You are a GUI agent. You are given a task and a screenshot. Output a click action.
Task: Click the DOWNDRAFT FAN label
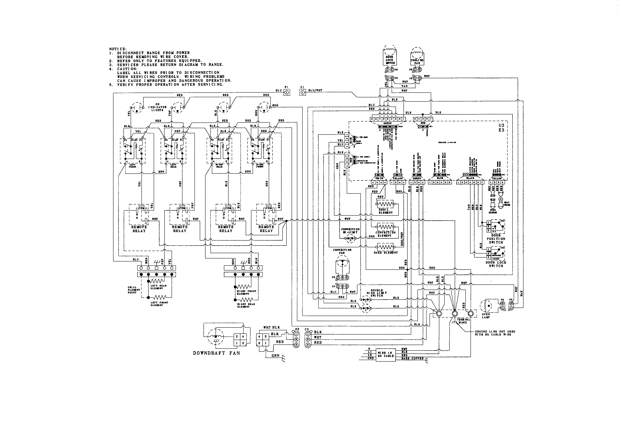coord(216,353)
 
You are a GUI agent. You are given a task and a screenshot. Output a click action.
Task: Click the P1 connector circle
coord(286,92)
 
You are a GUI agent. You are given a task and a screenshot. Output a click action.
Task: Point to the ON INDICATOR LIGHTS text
coord(157,107)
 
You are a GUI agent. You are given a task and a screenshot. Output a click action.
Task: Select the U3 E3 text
coord(501,128)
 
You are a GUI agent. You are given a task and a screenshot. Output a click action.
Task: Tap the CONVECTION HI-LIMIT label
coord(350,231)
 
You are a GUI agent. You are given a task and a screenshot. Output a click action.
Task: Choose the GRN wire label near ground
coord(275,355)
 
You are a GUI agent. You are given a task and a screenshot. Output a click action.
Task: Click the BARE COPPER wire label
coord(412,358)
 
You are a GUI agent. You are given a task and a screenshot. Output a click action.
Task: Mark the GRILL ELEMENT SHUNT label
coord(134,290)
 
